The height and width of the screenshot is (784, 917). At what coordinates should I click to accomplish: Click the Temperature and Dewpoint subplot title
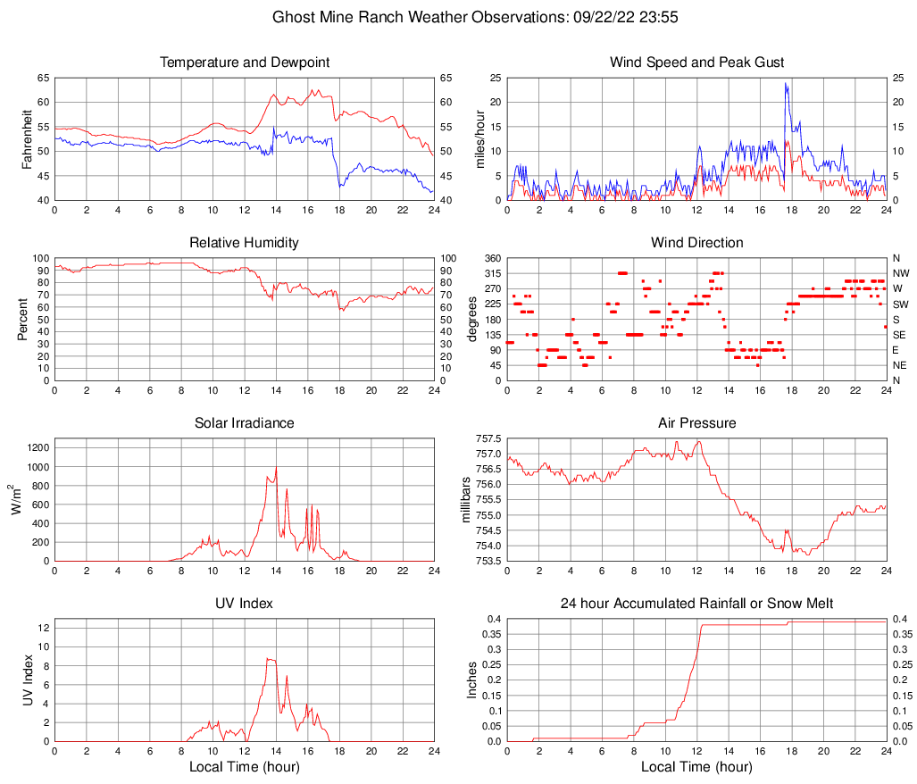245,63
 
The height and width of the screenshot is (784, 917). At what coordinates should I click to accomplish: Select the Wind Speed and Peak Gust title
696,63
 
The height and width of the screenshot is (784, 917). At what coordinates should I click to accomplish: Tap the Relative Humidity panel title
245,243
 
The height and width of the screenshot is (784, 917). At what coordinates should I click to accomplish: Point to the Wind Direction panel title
696,243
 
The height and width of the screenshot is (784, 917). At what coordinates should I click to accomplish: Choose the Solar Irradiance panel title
245,423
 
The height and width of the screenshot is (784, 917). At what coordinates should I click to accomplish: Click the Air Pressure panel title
696,423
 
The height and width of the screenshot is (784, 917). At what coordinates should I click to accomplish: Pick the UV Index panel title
245,604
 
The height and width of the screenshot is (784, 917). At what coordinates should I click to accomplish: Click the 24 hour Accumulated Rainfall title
696,604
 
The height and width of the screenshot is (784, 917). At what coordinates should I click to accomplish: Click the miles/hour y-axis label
480,139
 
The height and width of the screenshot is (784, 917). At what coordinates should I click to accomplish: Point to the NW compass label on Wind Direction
901,273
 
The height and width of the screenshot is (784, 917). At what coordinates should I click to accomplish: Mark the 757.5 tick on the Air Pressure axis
488,439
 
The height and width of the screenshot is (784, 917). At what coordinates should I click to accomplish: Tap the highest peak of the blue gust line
786,83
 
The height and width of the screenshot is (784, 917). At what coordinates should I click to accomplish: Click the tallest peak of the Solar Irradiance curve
276,468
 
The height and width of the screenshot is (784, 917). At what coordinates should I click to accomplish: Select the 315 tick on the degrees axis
492,273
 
